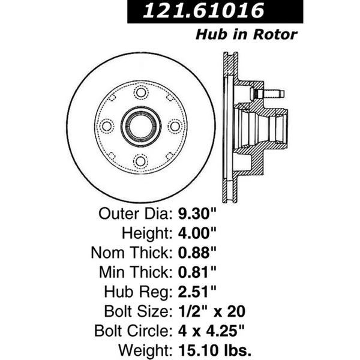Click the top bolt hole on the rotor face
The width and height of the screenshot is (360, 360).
[x=140, y=92]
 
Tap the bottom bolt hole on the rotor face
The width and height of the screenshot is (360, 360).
[x=140, y=161]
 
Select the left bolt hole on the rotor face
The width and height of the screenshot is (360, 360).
[x=107, y=127]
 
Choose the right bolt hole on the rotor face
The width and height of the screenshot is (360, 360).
[x=175, y=127]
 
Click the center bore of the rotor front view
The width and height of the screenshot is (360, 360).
[x=141, y=127]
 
